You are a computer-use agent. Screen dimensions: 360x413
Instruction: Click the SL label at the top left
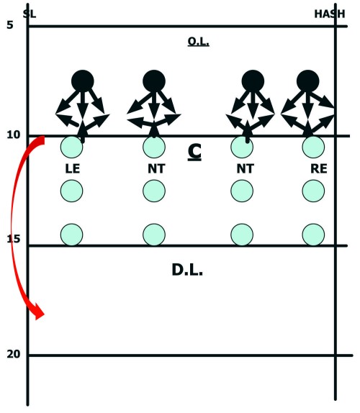click(x=30, y=14)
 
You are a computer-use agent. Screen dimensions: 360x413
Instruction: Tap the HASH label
click(x=330, y=14)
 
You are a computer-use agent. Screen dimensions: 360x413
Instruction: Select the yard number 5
click(x=10, y=25)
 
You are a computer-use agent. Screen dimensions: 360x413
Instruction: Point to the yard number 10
click(x=14, y=135)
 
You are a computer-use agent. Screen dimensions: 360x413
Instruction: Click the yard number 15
click(x=14, y=239)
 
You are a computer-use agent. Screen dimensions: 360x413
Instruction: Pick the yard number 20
click(x=14, y=354)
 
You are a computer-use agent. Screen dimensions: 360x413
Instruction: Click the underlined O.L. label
click(x=199, y=42)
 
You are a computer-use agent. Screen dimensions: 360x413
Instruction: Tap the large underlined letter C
click(x=194, y=153)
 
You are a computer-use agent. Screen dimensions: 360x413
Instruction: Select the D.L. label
click(x=187, y=270)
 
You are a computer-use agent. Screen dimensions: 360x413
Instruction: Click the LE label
click(x=73, y=168)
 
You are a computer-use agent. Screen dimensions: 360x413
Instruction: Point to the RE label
click(x=319, y=168)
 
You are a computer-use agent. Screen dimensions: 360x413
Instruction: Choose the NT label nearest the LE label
click(x=156, y=168)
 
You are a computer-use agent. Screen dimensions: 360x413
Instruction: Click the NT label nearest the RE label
click(x=246, y=168)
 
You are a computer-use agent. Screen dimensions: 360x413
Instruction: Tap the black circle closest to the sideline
click(x=83, y=81)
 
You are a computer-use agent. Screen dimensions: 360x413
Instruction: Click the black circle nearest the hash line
click(x=308, y=81)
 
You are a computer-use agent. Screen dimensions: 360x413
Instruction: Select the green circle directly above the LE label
click(x=72, y=147)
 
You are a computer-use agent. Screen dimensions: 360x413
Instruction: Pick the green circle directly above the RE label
click(x=313, y=147)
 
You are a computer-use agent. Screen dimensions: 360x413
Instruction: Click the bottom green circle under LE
click(x=72, y=235)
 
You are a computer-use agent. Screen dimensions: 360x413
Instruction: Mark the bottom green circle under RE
click(x=313, y=235)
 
